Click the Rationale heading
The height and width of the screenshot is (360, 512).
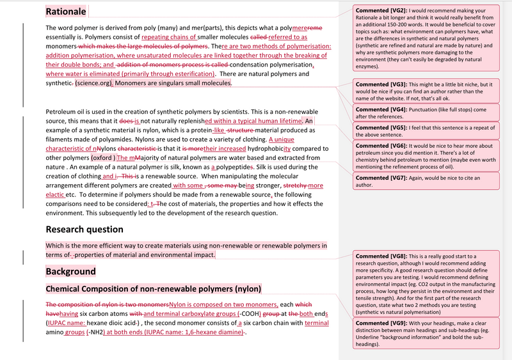click(66, 12)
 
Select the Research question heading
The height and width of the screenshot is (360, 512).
click(84, 229)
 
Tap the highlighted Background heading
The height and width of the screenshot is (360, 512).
click(70, 272)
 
